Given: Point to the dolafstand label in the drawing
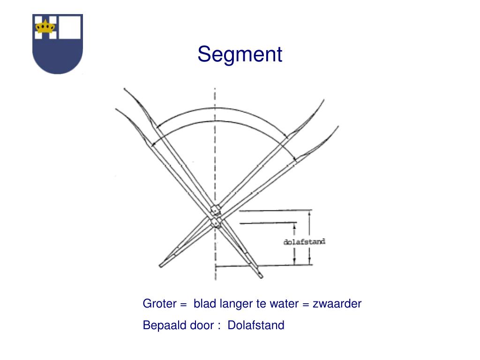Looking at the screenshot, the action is tap(304, 242).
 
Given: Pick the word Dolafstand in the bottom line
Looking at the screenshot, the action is tap(256, 325).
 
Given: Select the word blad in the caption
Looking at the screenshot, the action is tap(203, 304).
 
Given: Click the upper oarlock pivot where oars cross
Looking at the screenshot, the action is tap(215, 209).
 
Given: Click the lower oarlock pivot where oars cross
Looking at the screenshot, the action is tap(216, 221).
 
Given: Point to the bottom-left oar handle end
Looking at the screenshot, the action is tap(161, 266).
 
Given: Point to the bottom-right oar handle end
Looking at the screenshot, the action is tap(261, 276).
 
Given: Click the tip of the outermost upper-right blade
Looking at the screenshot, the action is tap(338, 126).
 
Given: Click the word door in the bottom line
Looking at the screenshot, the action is tap(202, 325).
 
